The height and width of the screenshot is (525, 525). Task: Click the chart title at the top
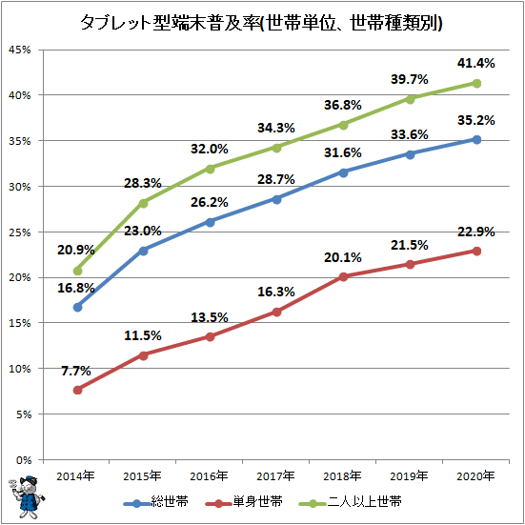pyautogui.click(x=261, y=24)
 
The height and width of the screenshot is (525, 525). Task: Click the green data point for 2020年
pyautogui.click(x=476, y=83)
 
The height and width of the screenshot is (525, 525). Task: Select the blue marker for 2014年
pyautogui.click(x=78, y=307)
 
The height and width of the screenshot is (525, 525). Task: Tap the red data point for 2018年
pyautogui.click(x=344, y=276)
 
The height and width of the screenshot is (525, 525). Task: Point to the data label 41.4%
pyautogui.click(x=475, y=63)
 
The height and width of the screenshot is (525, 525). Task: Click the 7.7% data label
pyautogui.click(x=76, y=371)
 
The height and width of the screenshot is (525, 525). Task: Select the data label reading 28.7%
pyautogui.click(x=276, y=179)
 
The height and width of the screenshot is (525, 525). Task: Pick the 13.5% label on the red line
pyautogui.click(x=210, y=317)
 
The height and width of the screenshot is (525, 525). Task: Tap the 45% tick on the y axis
pyautogui.click(x=20, y=50)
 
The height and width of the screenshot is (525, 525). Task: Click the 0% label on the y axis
pyautogui.click(x=24, y=460)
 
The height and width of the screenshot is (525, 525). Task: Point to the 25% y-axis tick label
pyautogui.click(x=20, y=232)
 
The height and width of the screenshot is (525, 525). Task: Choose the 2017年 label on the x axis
pyautogui.click(x=275, y=475)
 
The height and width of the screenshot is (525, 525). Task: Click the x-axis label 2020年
pyautogui.click(x=475, y=475)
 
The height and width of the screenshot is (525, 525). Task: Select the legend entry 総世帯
pyautogui.click(x=156, y=502)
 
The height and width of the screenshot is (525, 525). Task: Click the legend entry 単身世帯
pyautogui.click(x=245, y=502)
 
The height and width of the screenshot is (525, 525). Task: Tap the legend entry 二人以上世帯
pyautogui.click(x=351, y=502)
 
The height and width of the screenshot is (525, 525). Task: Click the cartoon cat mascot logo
pyautogui.click(x=27, y=496)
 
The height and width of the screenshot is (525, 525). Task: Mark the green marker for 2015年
pyautogui.click(x=143, y=203)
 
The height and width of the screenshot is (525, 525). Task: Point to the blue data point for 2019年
pyautogui.click(x=410, y=154)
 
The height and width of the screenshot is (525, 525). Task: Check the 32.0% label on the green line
pyautogui.click(x=210, y=149)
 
